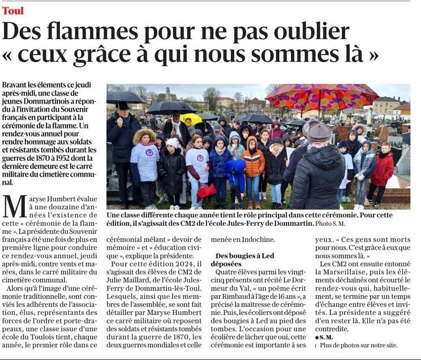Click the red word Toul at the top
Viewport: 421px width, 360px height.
[12, 11]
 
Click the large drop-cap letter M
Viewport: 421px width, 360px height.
[15, 206]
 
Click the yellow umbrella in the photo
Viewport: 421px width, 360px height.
[191, 118]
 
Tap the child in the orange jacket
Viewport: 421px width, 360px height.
[253, 161]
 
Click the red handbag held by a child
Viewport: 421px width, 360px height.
[206, 191]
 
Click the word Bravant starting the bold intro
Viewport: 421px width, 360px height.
[16, 84]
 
